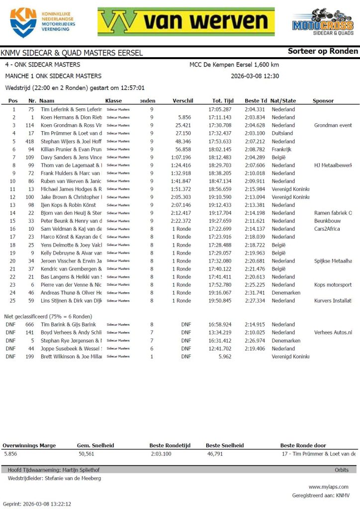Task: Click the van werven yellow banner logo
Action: pyautogui.click(x=186, y=21)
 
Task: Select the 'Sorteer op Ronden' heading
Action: pyautogui.click(x=323, y=51)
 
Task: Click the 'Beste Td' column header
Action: pyautogui.click(x=256, y=100)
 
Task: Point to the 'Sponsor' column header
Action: pyautogui.click(x=323, y=100)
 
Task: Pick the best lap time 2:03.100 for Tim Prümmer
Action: pyautogui.click(x=255, y=133)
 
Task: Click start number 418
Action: pyautogui.click(x=31, y=141)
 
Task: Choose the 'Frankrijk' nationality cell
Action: pyautogui.click(x=282, y=149)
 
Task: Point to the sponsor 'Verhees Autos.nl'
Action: pyautogui.click(x=333, y=333)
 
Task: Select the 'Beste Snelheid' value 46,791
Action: pyautogui.click(x=216, y=454)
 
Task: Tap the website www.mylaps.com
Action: pyautogui.click(x=329, y=487)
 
